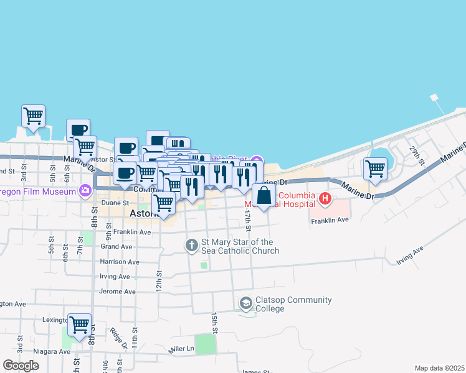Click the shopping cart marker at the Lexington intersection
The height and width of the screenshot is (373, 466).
79,325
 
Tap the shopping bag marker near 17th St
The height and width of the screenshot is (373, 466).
264,195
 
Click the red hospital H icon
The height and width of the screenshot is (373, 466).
325,200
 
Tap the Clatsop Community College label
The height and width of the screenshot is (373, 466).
293,304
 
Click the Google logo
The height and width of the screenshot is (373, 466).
21,366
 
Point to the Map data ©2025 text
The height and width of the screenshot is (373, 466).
439,368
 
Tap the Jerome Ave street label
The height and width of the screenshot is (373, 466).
117,292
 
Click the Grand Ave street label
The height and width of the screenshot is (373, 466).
117,247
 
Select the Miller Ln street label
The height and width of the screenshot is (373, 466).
181,351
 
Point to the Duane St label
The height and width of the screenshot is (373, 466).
116,203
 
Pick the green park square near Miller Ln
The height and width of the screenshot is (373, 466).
204,344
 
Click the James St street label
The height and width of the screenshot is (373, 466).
255,371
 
